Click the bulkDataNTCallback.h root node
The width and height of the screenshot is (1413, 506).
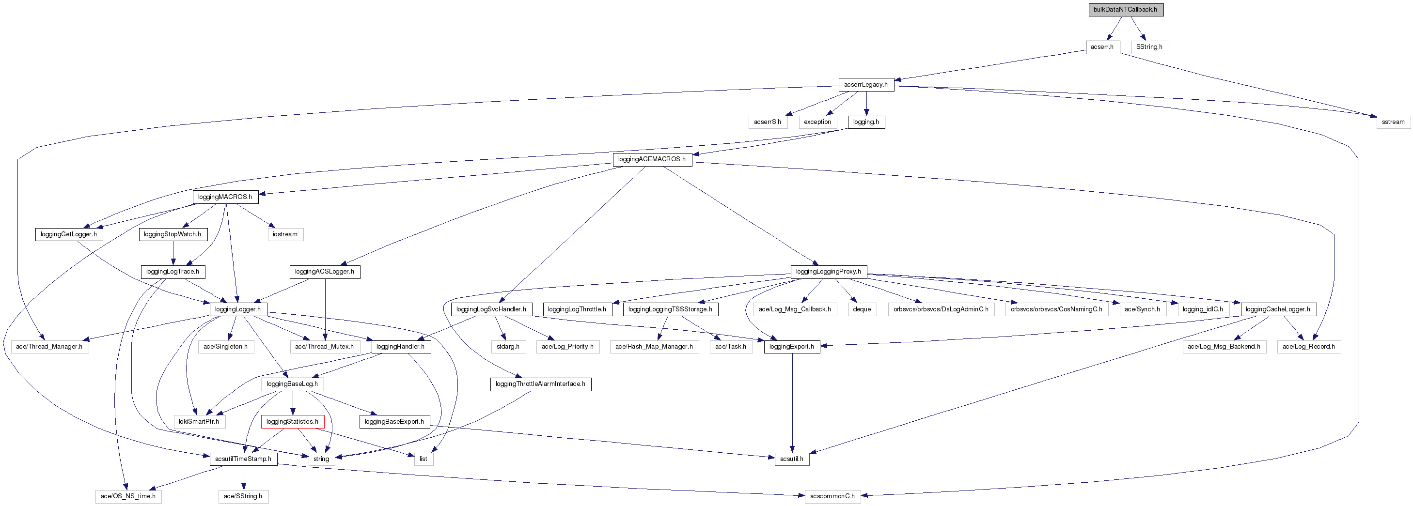(1126, 10)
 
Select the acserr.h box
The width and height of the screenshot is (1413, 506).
(1102, 47)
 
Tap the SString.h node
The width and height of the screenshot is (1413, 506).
(1149, 47)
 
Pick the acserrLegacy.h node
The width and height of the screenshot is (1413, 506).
(865, 85)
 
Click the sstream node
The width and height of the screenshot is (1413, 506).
(1393, 122)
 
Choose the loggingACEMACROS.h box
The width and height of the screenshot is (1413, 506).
(652, 159)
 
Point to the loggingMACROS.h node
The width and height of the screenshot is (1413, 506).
(225, 197)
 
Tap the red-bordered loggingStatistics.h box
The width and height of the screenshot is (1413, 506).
(292, 422)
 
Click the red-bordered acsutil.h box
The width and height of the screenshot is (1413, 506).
(791, 460)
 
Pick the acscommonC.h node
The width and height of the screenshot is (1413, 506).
(832, 497)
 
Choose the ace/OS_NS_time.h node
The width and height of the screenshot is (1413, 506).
(128, 497)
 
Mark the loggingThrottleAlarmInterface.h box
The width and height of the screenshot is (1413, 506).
(540, 384)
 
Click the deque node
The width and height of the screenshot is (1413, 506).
(862, 310)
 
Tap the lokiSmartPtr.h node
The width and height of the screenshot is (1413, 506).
(199, 422)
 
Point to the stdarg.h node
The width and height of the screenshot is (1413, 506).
(508, 347)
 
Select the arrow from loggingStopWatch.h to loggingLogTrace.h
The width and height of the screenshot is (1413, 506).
(173, 253)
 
